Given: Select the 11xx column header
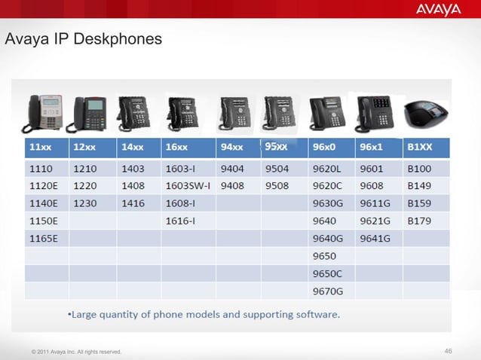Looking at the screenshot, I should pyautogui.click(x=41, y=146).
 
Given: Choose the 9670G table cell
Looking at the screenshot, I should pyautogui.click(x=327, y=291).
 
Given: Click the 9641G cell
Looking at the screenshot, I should pyautogui.click(x=375, y=239).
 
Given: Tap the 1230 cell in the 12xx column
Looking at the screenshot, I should pyautogui.click(x=84, y=203).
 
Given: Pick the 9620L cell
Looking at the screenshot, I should pyautogui.click(x=328, y=169).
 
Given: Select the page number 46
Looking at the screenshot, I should pyautogui.click(x=449, y=351).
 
